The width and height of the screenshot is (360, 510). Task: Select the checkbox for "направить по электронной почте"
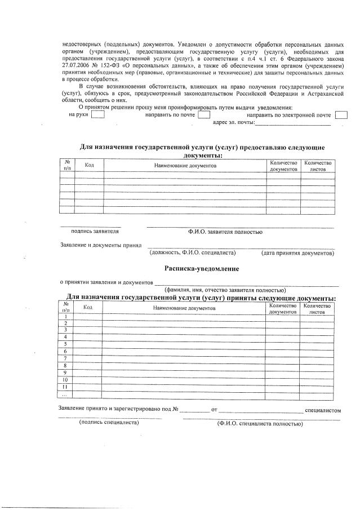pyautogui.click(x=340, y=115)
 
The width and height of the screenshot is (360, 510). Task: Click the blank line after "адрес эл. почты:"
pyautogui.click(x=292, y=122)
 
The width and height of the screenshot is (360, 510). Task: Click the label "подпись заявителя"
pyautogui.click(x=95, y=231)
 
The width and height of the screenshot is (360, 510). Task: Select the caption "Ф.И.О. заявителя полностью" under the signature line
pyautogui.click(x=225, y=232)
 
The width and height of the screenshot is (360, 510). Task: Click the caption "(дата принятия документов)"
pyautogui.click(x=297, y=252)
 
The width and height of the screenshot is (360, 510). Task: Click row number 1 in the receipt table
pyautogui.click(x=66, y=317)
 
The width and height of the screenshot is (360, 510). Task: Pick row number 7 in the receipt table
pyautogui.click(x=66, y=358)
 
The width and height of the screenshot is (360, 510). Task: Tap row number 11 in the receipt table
pyautogui.click(x=66, y=387)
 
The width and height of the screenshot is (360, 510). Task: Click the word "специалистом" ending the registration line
pyautogui.click(x=323, y=409)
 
